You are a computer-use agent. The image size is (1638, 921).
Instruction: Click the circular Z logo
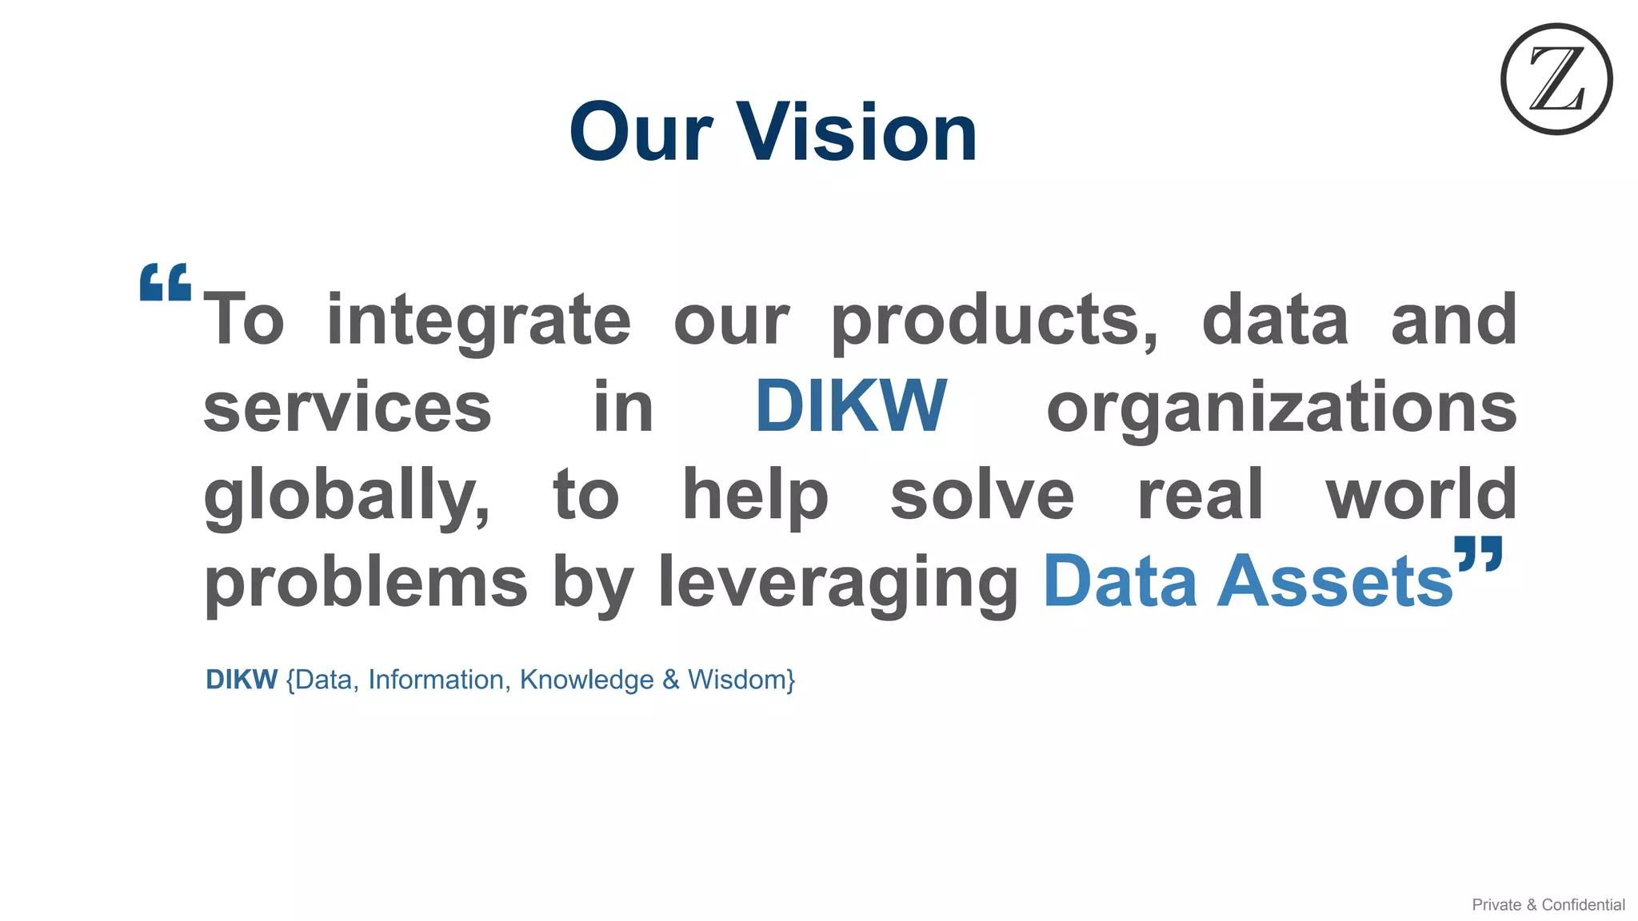pyautogui.click(x=1556, y=79)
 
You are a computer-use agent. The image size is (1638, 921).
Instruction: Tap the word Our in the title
pyautogui.click(x=641, y=132)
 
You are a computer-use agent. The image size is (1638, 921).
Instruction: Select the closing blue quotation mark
pyautogui.click(x=1479, y=554)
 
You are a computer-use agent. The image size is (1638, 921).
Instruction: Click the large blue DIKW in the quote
pyautogui.click(x=850, y=406)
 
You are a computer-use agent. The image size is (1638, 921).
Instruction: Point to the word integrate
pyautogui.click(x=478, y=320)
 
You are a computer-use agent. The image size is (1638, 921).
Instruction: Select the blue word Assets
pyautogui.click(x=1334, y=582)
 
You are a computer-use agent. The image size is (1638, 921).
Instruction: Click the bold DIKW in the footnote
pyautogui.click(x=242, y=680)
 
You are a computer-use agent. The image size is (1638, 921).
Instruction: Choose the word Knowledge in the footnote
pyautogui.click(x=586, y=680)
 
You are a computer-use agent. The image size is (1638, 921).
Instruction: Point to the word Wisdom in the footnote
pyautogui.click(x=741, y=680)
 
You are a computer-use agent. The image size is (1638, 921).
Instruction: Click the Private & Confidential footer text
pyautogui.click(x=1548, y=904)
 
